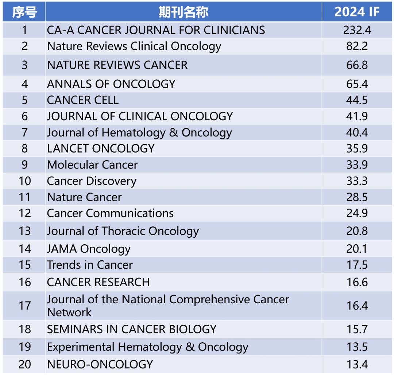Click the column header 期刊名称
pyautogui.click(x=183, y=12)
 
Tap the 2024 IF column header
pyautogui.click(x=357, y=12)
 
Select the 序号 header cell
pyautogui.click(x=24, y=12)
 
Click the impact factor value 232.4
pyautogui.click(x=357, y=30)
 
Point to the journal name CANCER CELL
pyautogui.click(x=83, y=100)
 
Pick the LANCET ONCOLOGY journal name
pyautogui.click(x=101, y=149)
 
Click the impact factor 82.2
pyautogui.click(x=357, y=46)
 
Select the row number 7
pyautogui.click(x=24, y=133)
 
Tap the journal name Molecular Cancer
pyautogui.click(x=92, y=165)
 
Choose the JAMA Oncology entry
pyautogui.click(x=89, y=249)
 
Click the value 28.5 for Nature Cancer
pyautogui.click(x=357, y=197)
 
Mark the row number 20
pyautogui.click(x=24, y=364)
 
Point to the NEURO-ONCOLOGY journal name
pyautogui.click(x=100, y=364)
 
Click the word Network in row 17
pyautogui.click(x=69, y=312)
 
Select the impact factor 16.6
pyautogui.click(x=357, y=282)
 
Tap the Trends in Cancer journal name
pyautogui.click(x=90, y=265)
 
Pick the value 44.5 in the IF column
pyautogui.click(x=357, y=100)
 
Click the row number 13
pyautogui.click(x=24, y=231)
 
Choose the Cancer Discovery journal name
pyautogui.click(x=92, y=181)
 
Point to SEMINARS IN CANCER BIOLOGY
pyautogui.click(x=132, y=329)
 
